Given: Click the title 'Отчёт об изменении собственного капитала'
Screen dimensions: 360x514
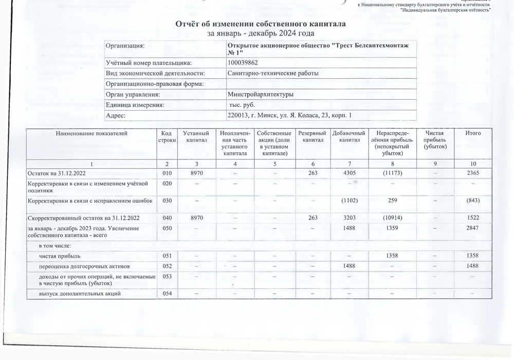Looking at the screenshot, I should (261, 24).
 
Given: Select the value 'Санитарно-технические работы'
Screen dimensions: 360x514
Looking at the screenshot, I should (272, 74).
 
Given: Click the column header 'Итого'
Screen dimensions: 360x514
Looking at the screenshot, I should (472, 134).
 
